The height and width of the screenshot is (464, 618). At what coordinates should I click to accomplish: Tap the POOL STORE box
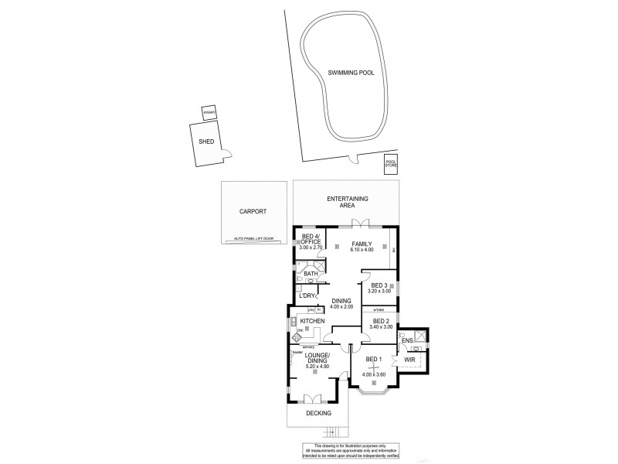390,164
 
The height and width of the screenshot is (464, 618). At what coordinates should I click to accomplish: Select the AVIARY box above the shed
209,113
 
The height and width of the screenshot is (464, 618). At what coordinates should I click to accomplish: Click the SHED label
205,142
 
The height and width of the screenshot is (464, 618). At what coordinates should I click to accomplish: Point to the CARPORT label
252,210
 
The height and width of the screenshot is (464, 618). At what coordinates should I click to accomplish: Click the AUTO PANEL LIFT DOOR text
253,238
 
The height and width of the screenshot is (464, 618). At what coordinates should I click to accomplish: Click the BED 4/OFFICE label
311,240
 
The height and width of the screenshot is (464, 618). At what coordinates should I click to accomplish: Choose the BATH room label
311,274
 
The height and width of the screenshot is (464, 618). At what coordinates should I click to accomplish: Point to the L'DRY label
307,295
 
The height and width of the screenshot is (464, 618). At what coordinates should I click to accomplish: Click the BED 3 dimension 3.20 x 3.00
379,292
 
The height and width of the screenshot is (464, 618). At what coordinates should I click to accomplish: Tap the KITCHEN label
311,321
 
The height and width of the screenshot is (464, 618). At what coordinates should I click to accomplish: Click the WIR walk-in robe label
409,360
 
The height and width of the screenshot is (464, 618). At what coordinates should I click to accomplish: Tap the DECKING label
317,414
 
